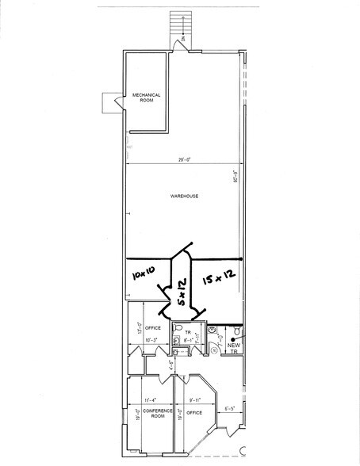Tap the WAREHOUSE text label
183,196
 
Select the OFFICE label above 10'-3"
153,327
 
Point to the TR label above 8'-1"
189,332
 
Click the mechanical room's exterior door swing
109,103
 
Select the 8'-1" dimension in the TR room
189,339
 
